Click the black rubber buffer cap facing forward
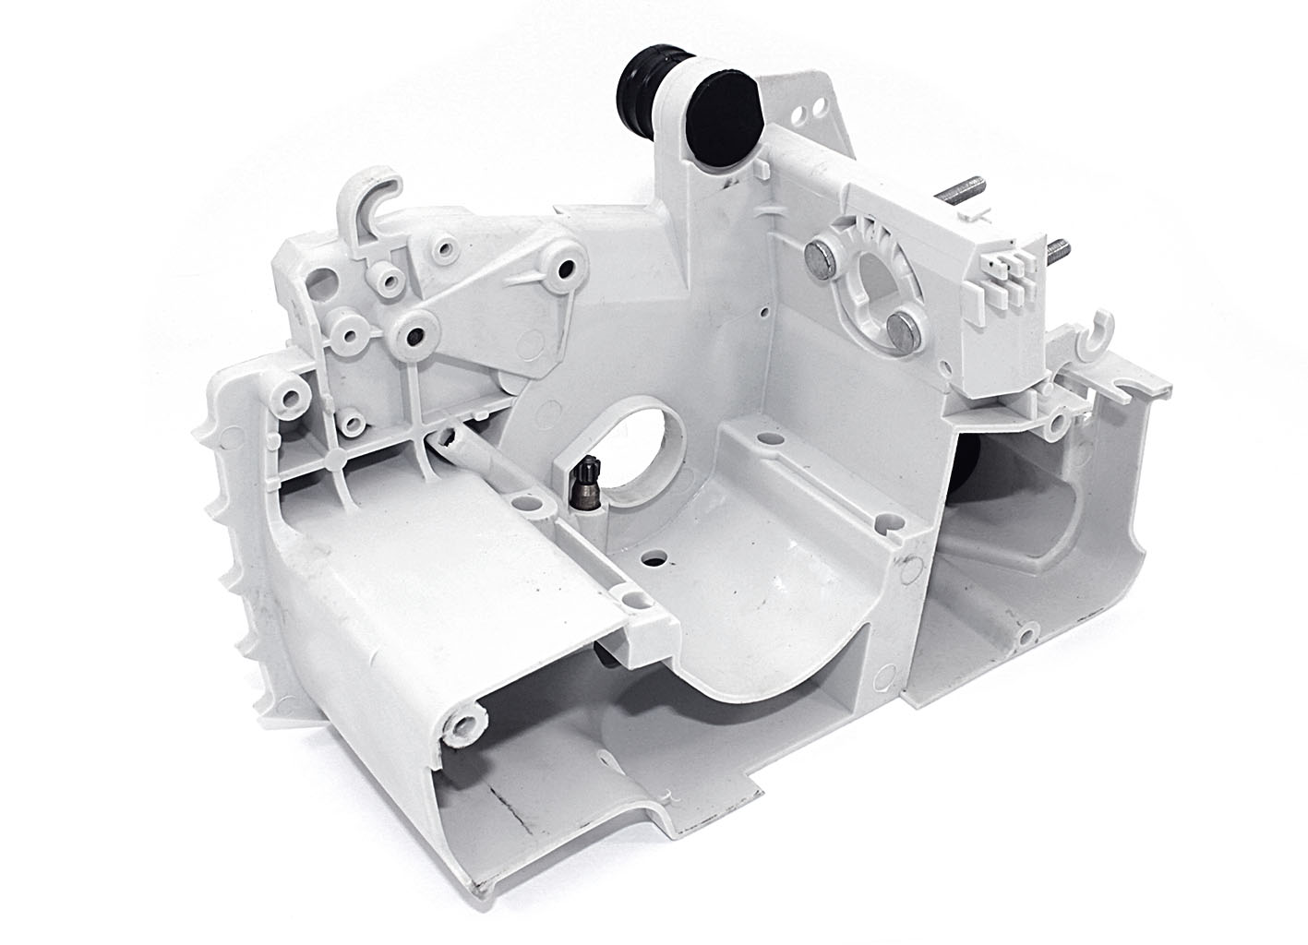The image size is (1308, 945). [x=723, y=109]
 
